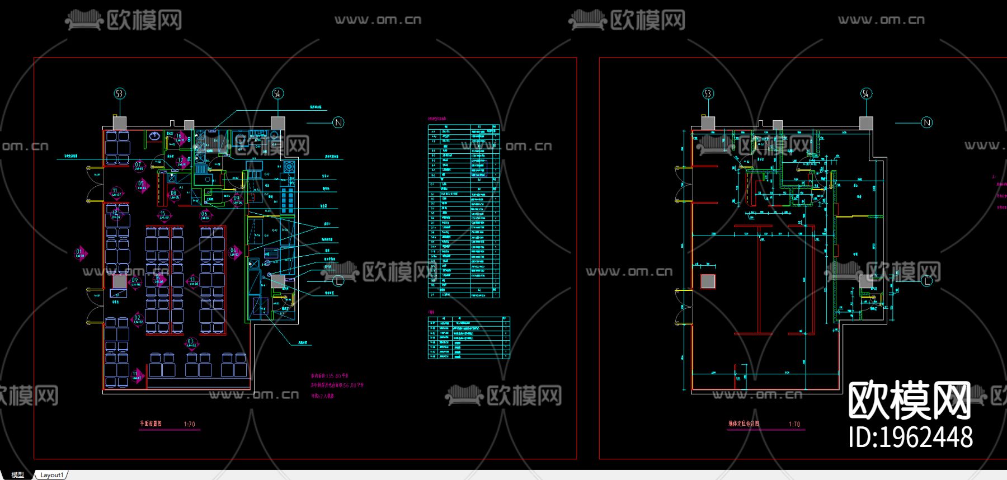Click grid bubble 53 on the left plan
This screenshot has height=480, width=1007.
(x=119, y=93)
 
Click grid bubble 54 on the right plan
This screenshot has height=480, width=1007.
(x=865, y=93)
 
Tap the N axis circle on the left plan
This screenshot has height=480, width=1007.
(x=338, y=123)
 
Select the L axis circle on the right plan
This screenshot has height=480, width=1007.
(x=926, y=280)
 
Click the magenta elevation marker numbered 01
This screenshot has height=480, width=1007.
(x=80, y=253)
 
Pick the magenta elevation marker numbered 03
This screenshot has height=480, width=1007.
(x=191, y=342)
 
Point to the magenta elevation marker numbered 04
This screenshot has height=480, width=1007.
(x=234, y=252)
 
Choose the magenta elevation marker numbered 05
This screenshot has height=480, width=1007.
(x=141, y=185)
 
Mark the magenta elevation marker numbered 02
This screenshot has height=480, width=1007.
(x=138, y=320)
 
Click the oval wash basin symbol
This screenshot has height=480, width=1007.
(x=154, y=135)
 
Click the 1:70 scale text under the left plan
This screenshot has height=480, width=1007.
(x=189, y=424)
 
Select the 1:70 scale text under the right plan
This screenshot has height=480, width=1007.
(x=794, y=424)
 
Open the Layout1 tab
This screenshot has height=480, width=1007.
(x=51, y=475)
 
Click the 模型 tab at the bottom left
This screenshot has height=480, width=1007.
(x=18, y=475)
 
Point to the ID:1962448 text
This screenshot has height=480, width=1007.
(x=910, y=437)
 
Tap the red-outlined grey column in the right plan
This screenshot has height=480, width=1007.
(x=708, y=281)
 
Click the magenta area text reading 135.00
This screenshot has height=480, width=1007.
(x=330, y=376)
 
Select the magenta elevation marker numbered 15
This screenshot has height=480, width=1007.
(x=163, y=215)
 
